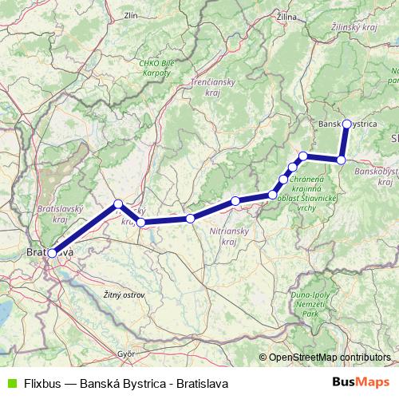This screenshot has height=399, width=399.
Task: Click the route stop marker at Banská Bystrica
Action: (346, 124)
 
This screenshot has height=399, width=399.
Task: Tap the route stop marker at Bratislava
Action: (52, 253)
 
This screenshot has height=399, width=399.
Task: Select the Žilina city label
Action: (286, 16)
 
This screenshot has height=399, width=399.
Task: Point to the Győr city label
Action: (125, 352)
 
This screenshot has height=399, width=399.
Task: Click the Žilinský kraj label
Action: (353, 27)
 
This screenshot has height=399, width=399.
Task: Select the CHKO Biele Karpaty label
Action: (156, 67)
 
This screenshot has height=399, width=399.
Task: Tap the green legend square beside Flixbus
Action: (11, 382)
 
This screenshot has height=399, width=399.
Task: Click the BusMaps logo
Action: (361, 382)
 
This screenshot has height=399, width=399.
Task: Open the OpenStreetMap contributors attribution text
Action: (329, 358)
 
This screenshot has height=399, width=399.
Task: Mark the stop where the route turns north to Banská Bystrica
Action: (341, 160)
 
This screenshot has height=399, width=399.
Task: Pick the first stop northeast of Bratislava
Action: (118, 203)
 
